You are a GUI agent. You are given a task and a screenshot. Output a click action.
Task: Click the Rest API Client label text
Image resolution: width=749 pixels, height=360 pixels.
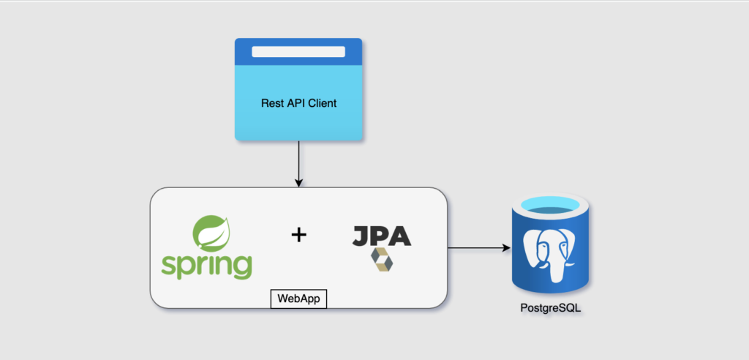(298, 103)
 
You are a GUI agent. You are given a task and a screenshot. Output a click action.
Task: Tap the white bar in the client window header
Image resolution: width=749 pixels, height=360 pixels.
(298, 51)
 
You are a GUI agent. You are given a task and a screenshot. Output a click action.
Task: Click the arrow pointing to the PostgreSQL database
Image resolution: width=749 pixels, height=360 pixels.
(479, 248)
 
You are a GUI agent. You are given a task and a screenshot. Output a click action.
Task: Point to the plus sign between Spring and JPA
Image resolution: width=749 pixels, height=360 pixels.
(298, 235)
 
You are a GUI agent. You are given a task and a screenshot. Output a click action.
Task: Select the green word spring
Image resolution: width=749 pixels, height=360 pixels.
(206, 266)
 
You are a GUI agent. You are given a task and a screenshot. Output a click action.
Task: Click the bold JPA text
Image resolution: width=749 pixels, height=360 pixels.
(381, 235)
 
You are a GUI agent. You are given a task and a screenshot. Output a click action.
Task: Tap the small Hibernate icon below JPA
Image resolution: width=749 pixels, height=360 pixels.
(381, 260)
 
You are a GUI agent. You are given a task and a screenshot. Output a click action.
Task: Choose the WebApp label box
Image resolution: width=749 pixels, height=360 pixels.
(298, 299)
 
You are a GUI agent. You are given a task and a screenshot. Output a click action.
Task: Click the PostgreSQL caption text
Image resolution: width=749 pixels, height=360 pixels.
(551, 309)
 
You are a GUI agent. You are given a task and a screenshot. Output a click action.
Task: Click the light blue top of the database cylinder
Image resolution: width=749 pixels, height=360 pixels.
(551, 211)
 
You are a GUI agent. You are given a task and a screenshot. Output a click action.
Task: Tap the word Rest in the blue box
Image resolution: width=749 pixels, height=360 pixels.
(272, 103)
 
